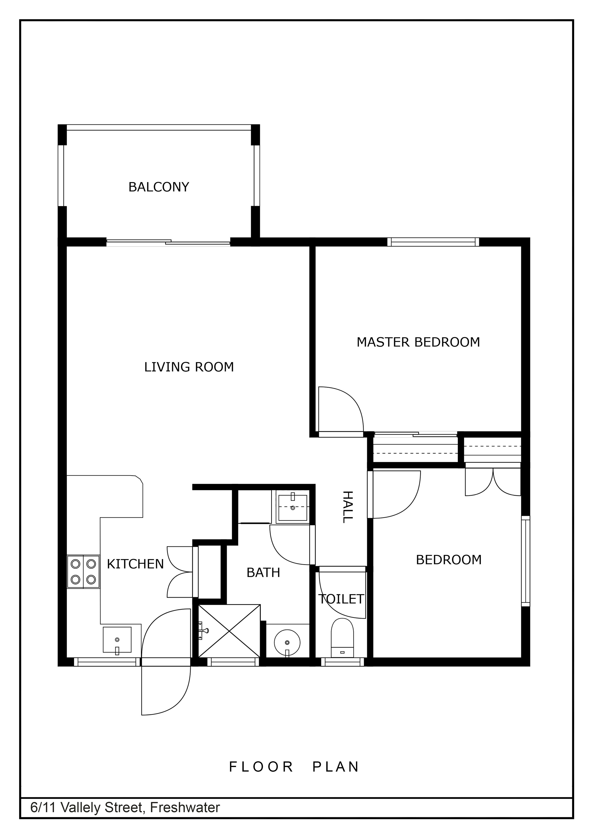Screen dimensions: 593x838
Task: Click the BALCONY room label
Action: pos(159,187)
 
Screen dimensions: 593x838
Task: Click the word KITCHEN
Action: pos(135,564)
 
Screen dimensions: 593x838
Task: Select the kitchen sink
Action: pos(117,639)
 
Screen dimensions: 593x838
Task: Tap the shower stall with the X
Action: pos(229,631)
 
